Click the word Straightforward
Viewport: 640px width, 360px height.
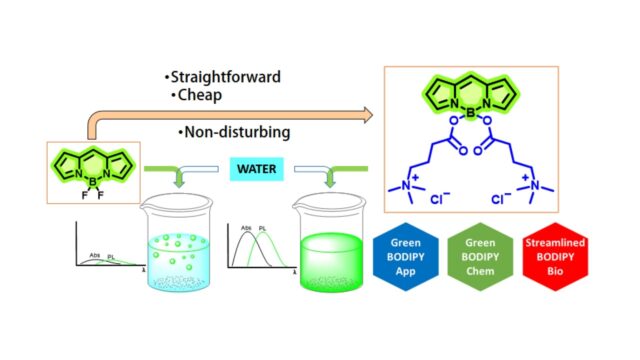(x=226, y=77)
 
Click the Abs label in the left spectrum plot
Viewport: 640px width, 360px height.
(x=96, y=254)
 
